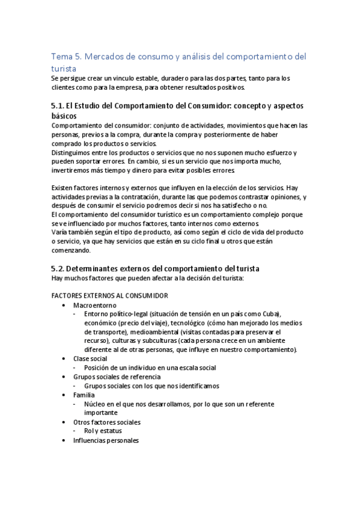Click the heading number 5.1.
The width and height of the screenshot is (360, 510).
(x=59, y=106)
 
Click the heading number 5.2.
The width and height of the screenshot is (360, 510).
(x=59, y=267)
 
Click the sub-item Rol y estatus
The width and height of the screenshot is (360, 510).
(x=103, y=431)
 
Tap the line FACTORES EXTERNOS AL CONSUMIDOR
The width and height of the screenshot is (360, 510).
(x=110, y=295)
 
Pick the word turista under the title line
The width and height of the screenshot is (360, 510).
(x=64, y=69)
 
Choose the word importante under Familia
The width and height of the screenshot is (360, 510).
(x=101, y=413)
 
